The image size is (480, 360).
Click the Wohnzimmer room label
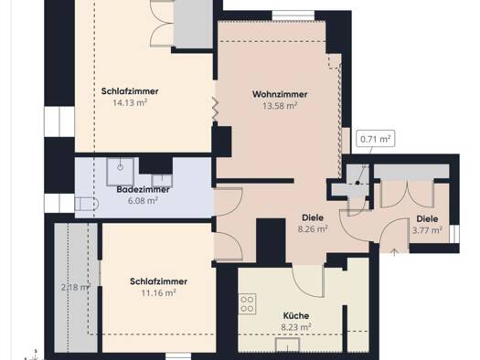click(280, 94)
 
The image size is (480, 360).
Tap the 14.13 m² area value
click(130, 102)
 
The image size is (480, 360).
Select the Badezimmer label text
click(143, 189)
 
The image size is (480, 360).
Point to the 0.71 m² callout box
click(375, 139)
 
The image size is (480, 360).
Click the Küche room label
click(295, 315)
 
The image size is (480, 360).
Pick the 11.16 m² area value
click(158, 292)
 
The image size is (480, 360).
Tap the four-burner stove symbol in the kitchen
click(247, 303)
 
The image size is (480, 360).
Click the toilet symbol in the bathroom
click(87, 204)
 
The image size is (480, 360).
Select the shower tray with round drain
click(120, 172)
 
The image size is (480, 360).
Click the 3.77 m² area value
click(427, 229)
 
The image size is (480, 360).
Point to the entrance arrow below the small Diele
click(394, 252)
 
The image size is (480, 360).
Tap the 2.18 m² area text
click(76, 287)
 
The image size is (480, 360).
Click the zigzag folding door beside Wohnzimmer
click(215, 109)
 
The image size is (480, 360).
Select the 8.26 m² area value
click(313, 228)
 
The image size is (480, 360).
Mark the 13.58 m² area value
click(280, 105)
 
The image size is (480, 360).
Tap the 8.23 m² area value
click(296, 327)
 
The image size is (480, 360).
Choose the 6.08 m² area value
click(143, 201)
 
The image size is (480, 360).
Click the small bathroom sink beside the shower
click(162, 181)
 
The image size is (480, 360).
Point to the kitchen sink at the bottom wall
click(287, 345)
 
